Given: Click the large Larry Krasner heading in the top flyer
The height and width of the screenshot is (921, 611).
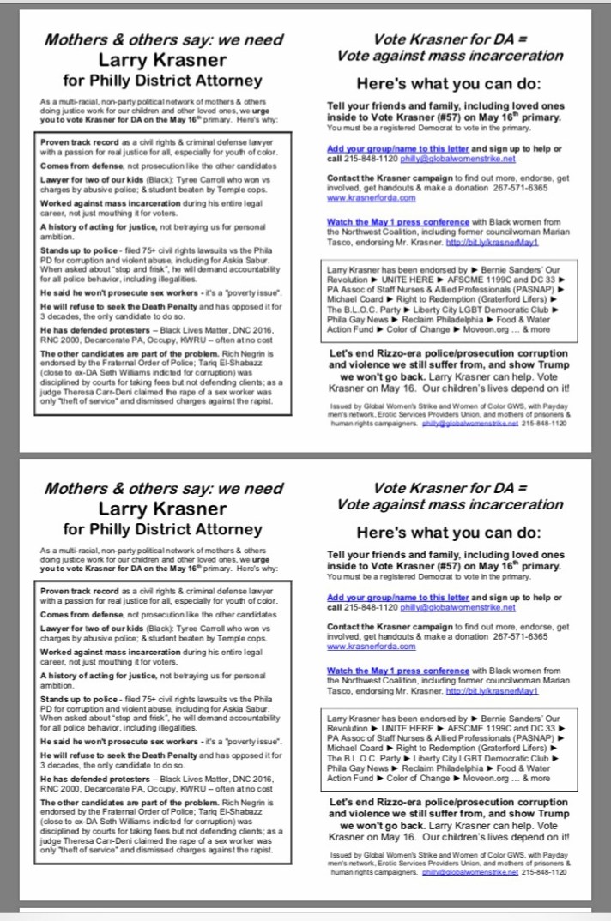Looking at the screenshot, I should [x=162, y=60].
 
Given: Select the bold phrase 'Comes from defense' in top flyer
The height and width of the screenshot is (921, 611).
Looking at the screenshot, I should [x=76, y=161].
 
